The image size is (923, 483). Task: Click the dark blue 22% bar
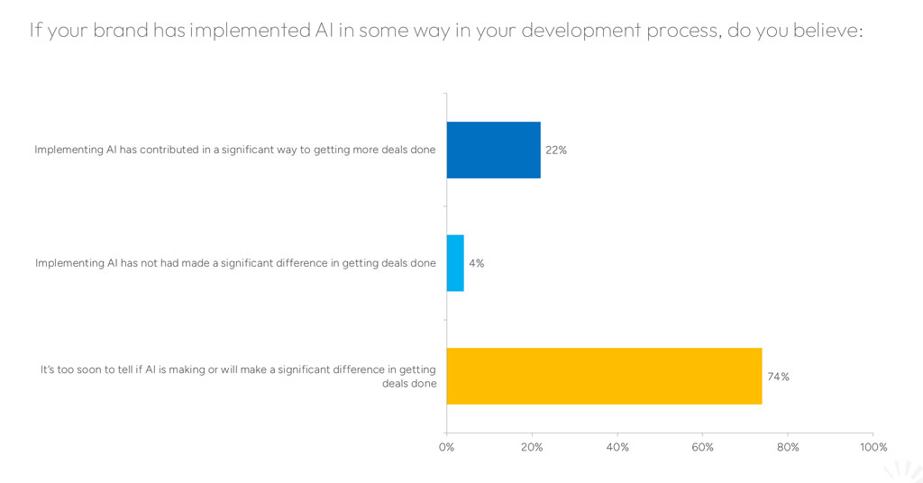click(493, 150)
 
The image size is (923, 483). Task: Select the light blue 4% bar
click(455, 263)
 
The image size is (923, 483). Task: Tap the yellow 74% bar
click(604, 376)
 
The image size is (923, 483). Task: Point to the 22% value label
click(555, 150)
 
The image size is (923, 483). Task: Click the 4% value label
click(476, 263)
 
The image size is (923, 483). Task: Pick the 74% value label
click(778, 377)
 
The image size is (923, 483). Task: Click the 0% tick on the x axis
click(446, 447)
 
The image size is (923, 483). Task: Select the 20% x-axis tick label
click(532, 447)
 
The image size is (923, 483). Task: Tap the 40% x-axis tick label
click(617, 447)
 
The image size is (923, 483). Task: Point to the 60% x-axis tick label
click(702, 447)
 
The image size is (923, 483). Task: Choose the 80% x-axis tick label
click(788, 447)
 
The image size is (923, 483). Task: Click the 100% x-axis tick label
click(873, 447)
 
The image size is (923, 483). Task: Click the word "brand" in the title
click(120, 30)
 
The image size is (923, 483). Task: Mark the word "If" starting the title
click(36, 30)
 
